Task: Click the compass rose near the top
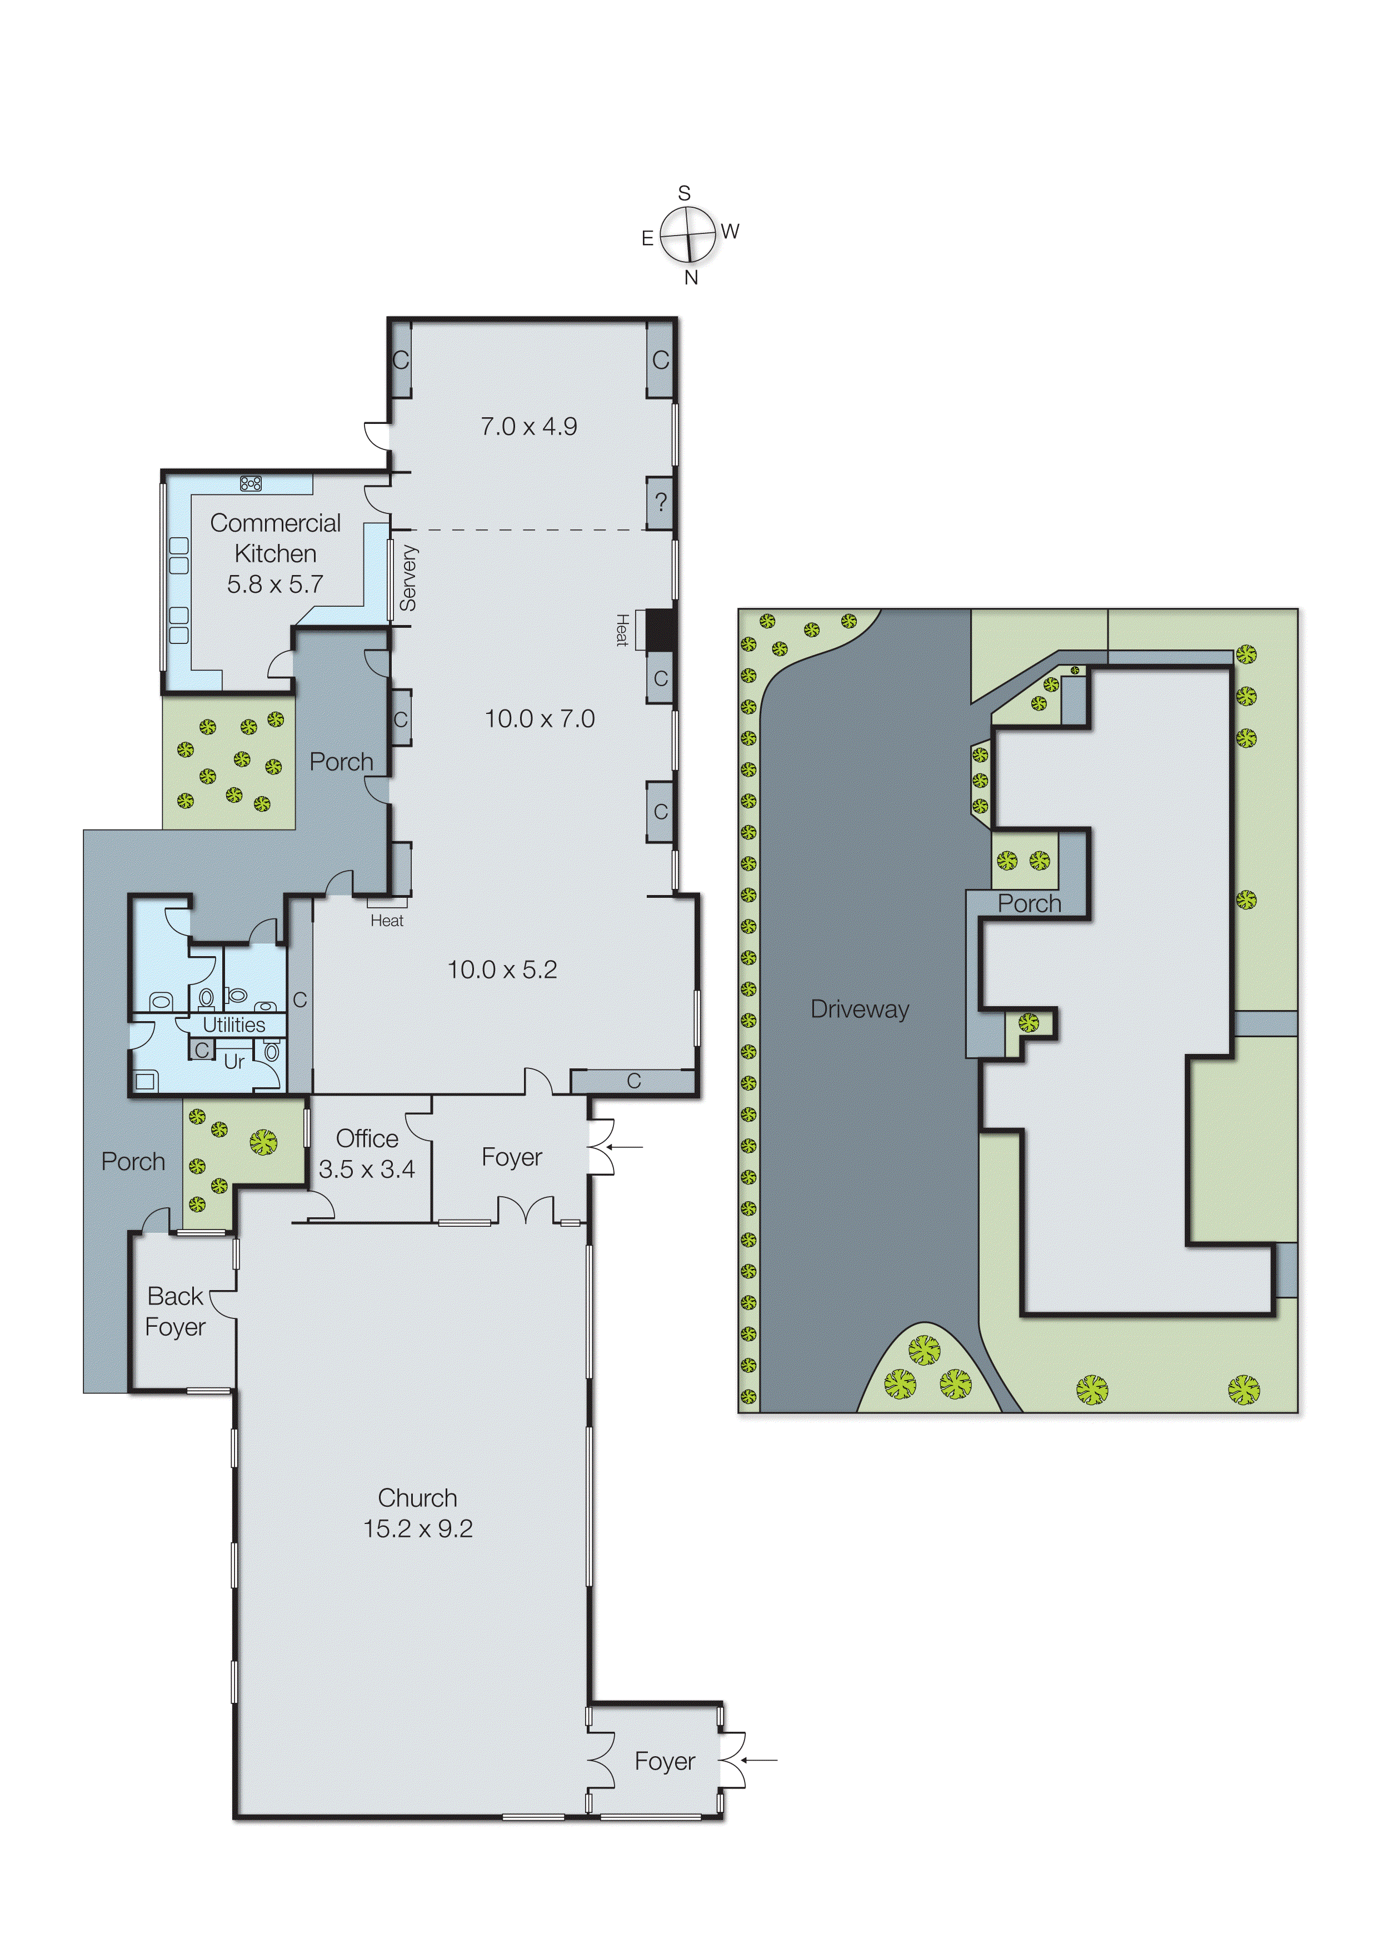coord(688,234)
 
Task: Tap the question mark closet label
coord(661,503)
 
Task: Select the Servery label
coord(408,578)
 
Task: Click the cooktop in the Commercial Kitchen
coord(251,483)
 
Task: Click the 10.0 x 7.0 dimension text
coord(539,719)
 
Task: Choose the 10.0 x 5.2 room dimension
coord(502,969)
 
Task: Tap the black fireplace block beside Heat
coord(661,630)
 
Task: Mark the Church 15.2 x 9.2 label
coord(418,1513)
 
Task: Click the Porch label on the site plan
coord(1029,903)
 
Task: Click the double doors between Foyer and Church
coord(526,1209)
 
